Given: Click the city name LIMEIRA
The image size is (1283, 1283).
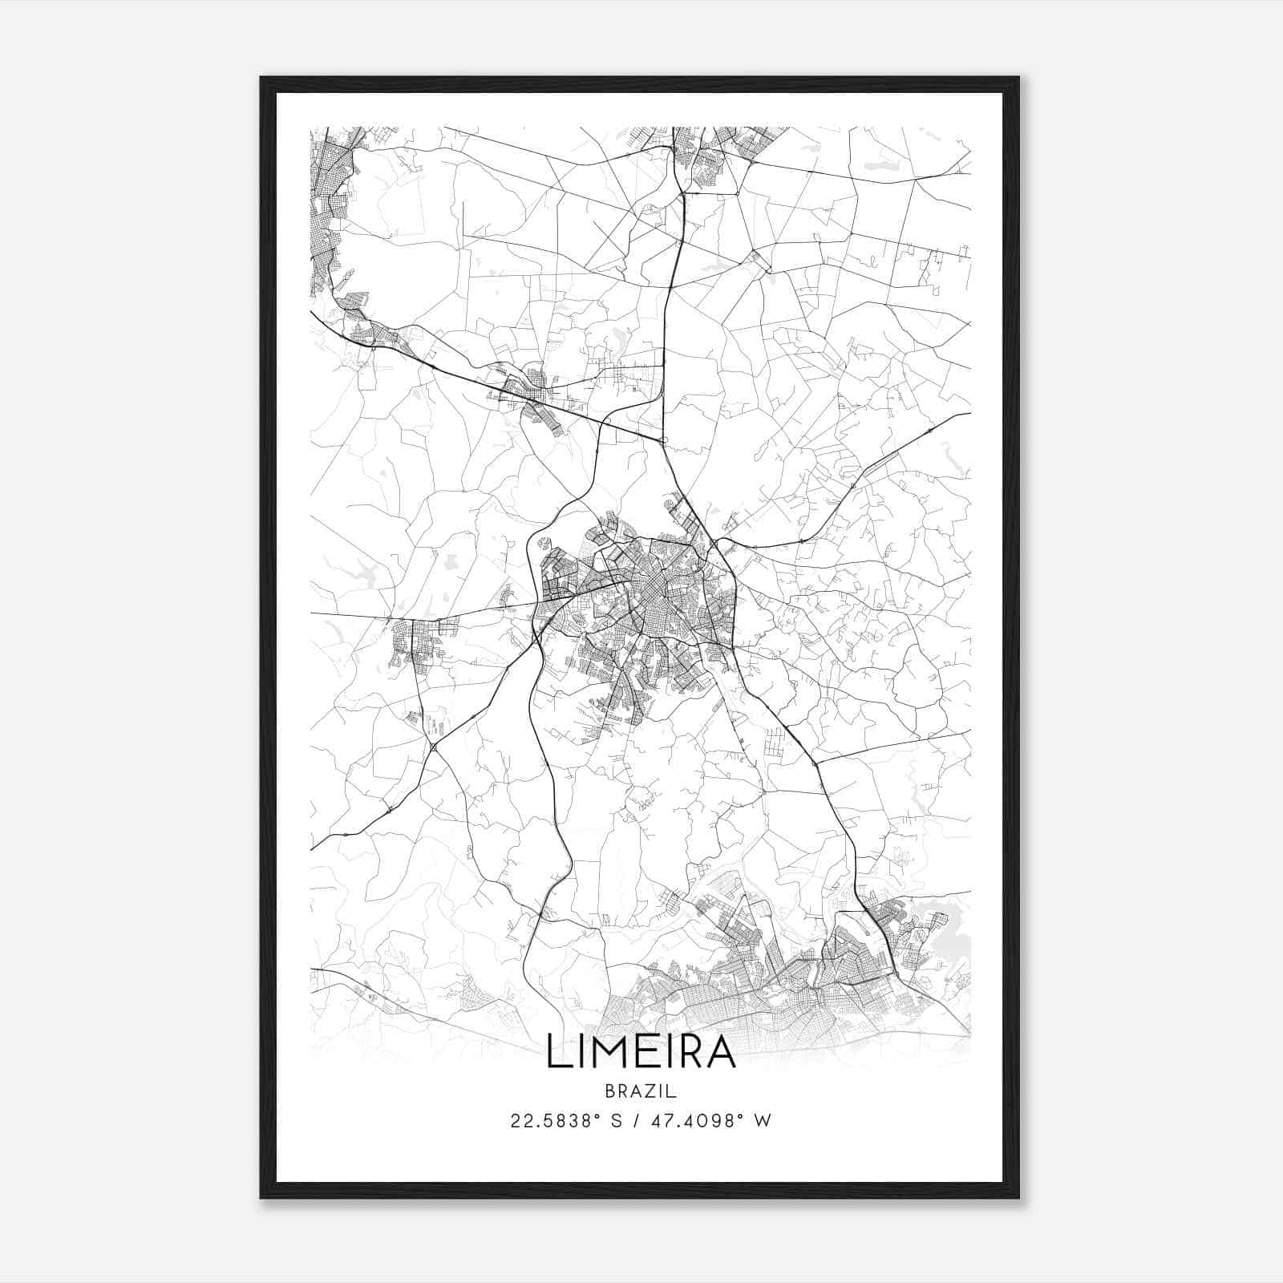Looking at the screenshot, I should pyautogui.click(x=641, y=1052).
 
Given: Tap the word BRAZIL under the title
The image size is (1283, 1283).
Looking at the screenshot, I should pyautogui.click(x=641, y=1091).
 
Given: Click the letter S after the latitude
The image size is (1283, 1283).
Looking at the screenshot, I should pyautogui.click(x=617, y=1121).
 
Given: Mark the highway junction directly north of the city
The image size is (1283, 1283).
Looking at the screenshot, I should pyautogui.click(x=662, y=440).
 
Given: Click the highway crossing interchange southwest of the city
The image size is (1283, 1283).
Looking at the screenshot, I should pyautogui.click(x=434, y=747).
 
